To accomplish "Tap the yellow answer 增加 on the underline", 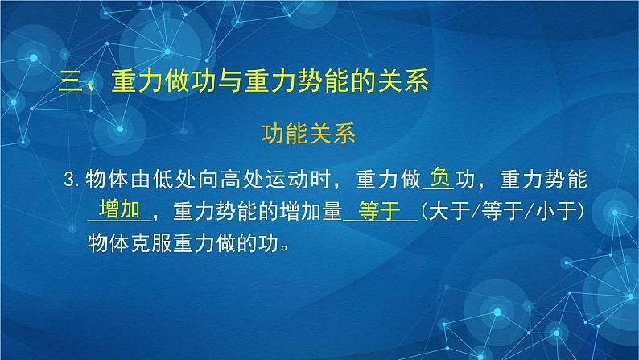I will (x=118, y=209).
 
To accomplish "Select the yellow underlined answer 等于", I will (x=379, y=211).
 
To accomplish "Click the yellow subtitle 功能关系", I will (x=319, y=133).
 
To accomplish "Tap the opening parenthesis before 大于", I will (x=424, y=212).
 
